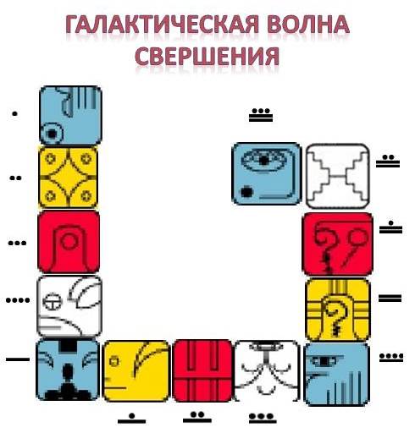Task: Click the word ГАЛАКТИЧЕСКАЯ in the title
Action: (162, 25)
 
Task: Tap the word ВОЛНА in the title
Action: (308, 25)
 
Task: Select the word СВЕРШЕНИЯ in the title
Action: (207, 56)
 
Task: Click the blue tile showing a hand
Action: (70, 115)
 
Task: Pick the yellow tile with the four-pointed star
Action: (68, 178)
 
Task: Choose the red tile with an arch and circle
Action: (69, 242)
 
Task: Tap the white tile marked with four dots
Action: (69, 306)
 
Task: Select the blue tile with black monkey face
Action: (68, 370)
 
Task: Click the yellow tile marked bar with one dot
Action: (136, 371)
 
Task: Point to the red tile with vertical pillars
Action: (202, 371)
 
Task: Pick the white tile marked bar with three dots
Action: (267, 371)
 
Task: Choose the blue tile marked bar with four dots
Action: (337, 374)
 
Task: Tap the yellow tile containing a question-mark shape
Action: (338, 310)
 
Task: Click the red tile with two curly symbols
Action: (338, 244)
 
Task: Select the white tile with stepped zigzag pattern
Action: (338, 176)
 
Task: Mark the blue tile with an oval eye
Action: (267, 173)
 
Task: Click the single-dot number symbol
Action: (14, 114)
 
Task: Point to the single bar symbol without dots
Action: (18, 359)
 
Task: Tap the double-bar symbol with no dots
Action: (390, 299)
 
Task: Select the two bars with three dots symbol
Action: (261, 115)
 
